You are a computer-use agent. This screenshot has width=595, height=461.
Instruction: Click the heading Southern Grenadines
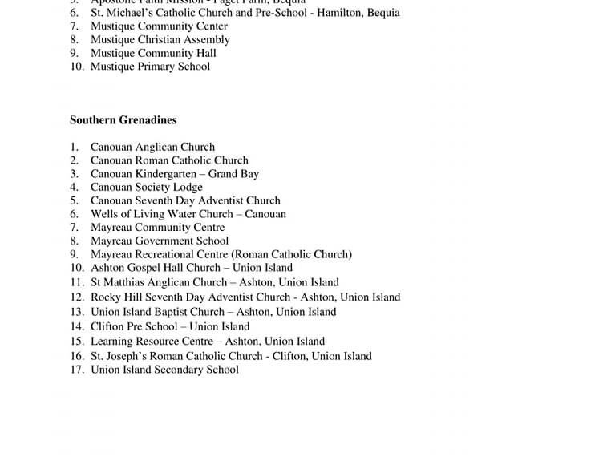click(x=123, y=120)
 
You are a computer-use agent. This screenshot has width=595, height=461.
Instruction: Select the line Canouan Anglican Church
click(x=152, y=147)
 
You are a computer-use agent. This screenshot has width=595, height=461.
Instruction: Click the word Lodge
click(x=187, y=188)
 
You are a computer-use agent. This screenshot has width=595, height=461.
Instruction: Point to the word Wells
click(x=104, y=214)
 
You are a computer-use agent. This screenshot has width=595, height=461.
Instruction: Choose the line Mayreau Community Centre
click(x=157, y=228)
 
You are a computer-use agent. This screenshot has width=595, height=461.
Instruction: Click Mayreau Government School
click(x=160, y=241)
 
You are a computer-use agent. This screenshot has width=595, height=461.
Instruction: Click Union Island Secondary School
click(x=164, y=370)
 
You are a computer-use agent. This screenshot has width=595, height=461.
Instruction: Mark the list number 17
click(x=76, y=370)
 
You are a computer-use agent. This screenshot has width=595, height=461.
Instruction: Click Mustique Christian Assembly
click(x=160, y=40)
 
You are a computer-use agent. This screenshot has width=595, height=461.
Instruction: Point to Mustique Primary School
click(x=150, y=67)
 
